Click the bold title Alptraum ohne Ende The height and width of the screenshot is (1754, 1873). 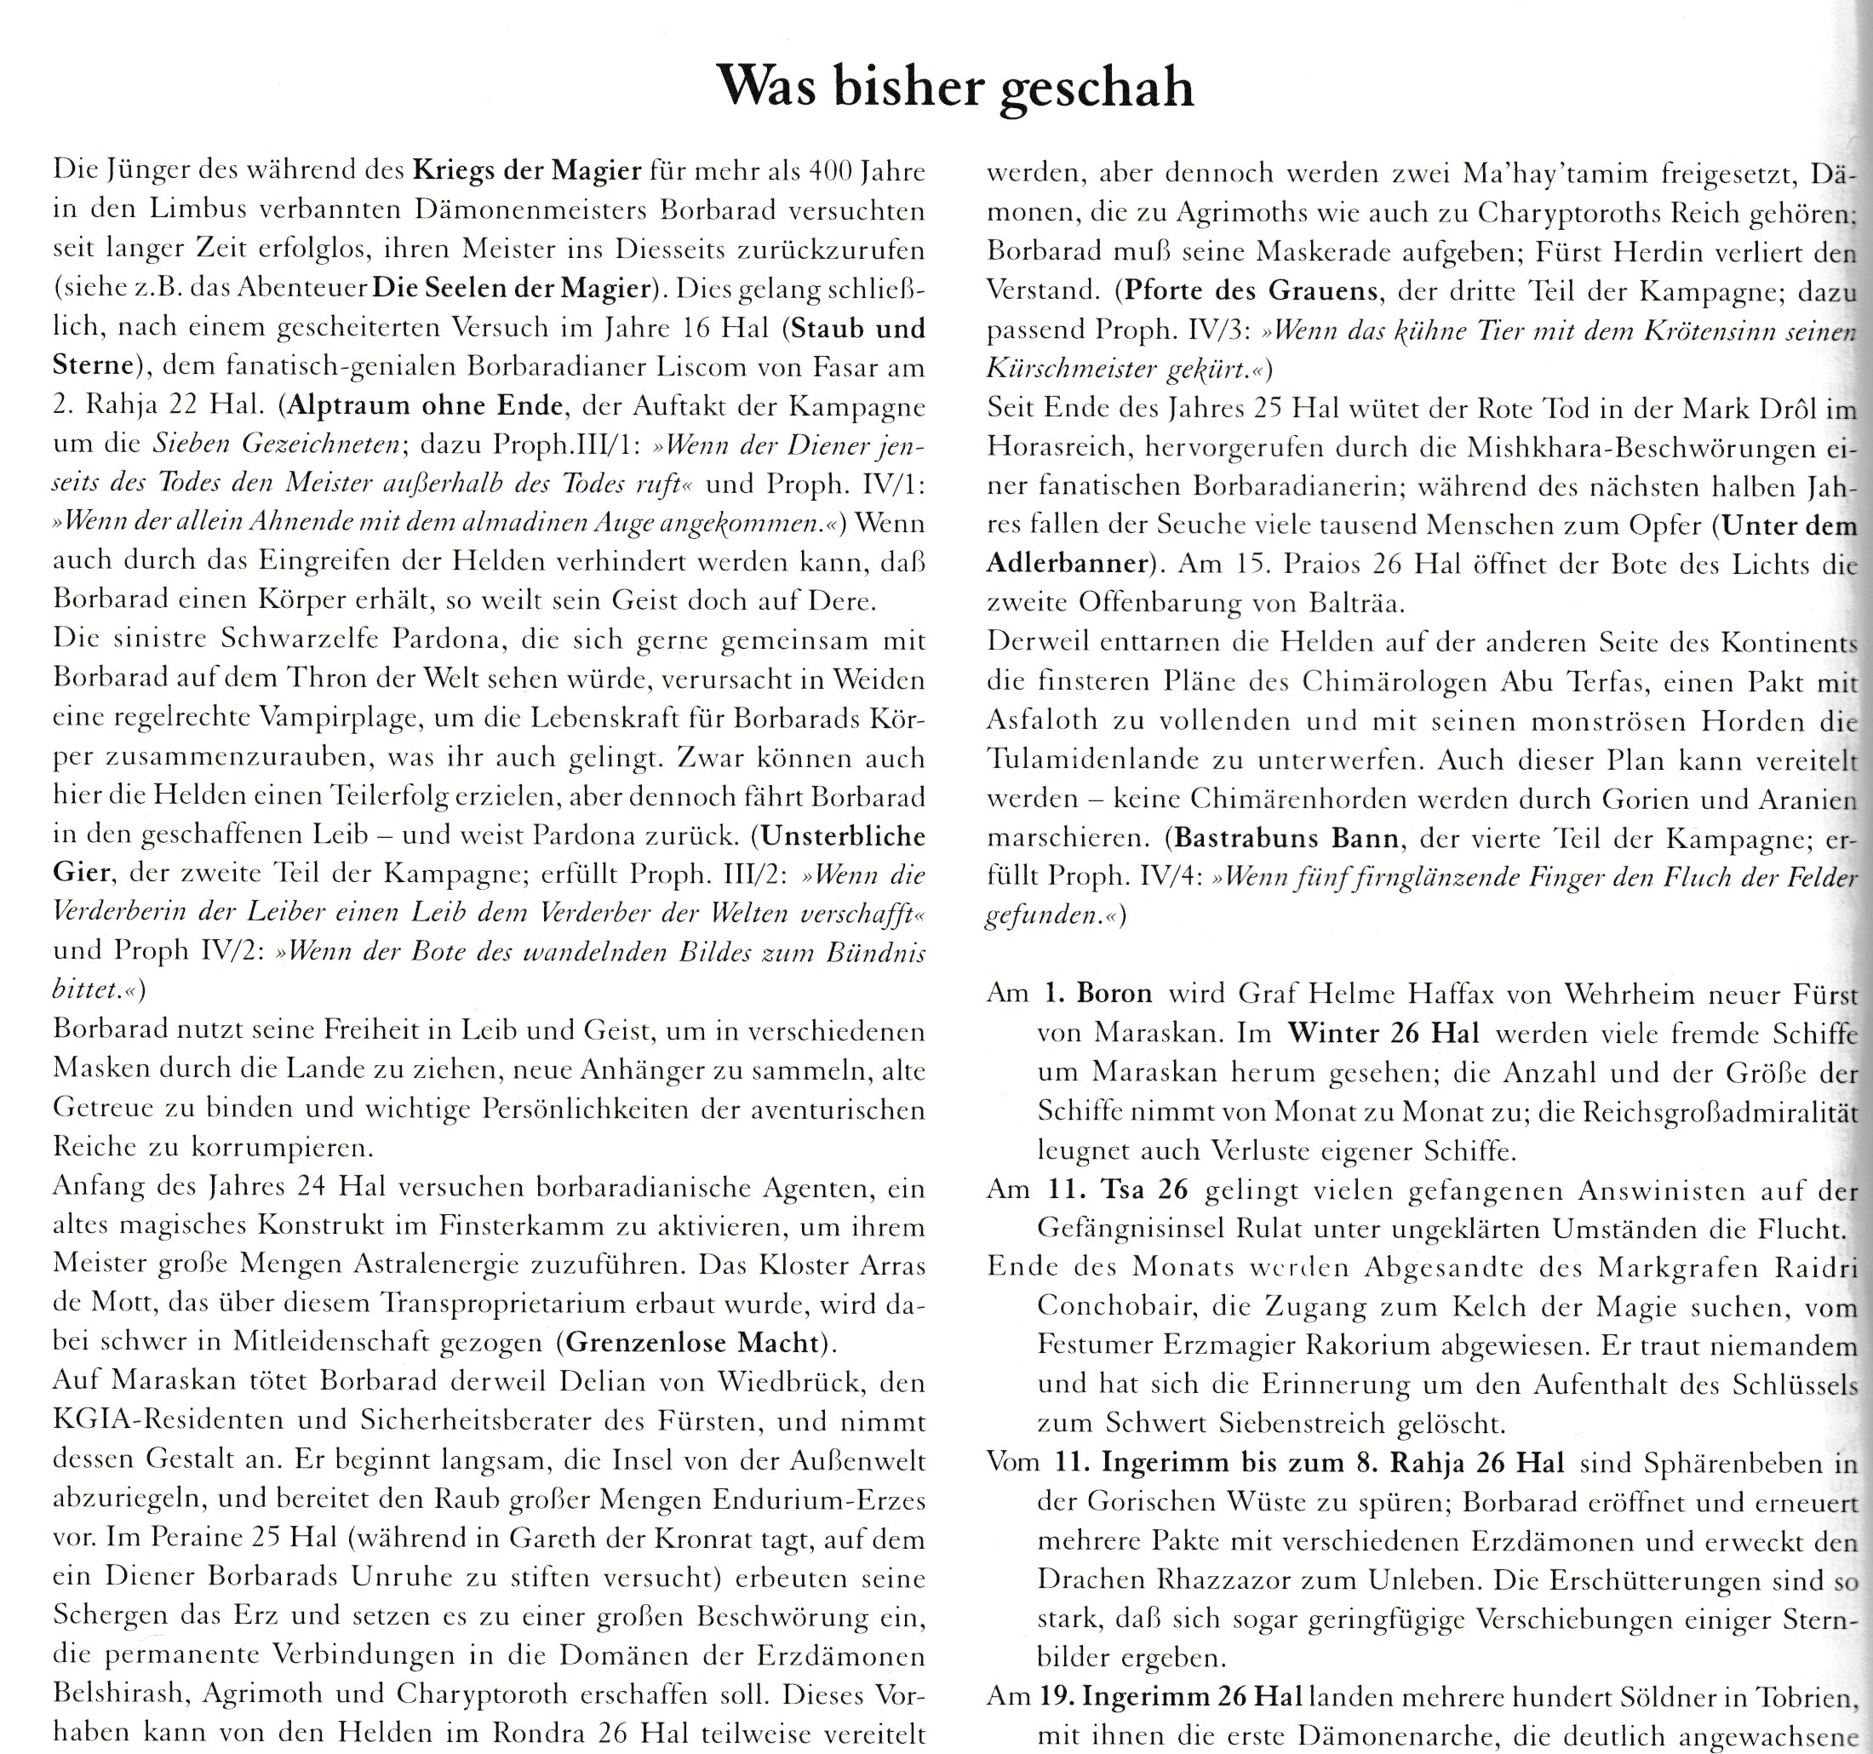425,406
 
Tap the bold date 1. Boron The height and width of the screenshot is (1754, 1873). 1097,994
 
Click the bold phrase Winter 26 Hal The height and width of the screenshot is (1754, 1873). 1382,1033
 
